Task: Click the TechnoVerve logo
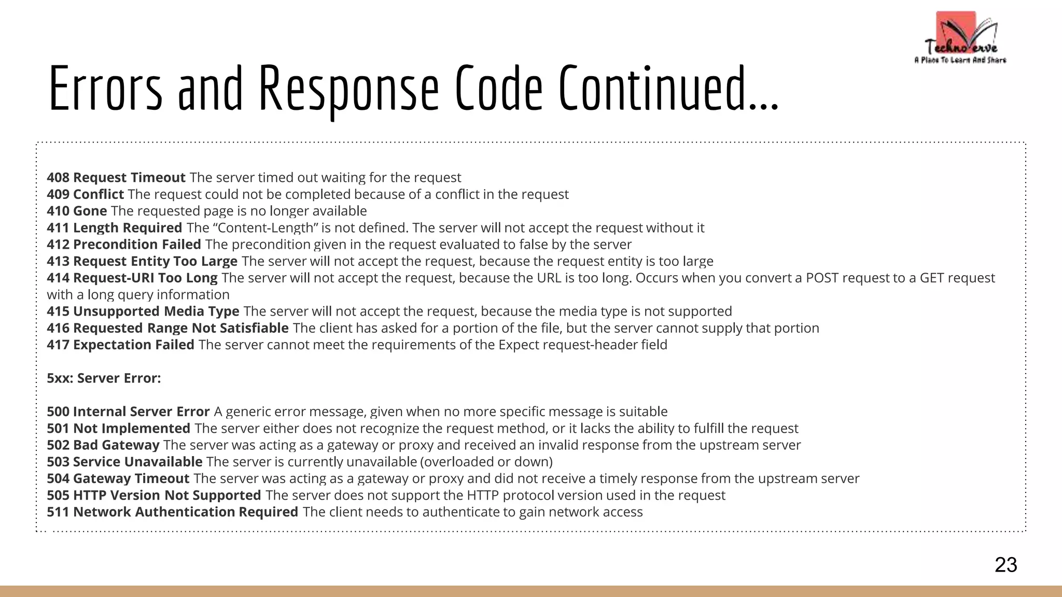[x=960, y=38]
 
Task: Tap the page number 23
[x=1005, y=564]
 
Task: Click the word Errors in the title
[x=105, y=89]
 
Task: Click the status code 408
[x=58, y=178]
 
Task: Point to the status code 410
[x=58, y=211]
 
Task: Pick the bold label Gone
[x=90, y=211]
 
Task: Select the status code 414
[x=58, y=278]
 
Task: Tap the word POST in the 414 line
[x=822, y=278]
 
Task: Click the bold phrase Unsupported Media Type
[x=156, y=311]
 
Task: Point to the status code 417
[x=58, y=345]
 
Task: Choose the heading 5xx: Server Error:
[x=104, y=378]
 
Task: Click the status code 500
[x=58, y=412]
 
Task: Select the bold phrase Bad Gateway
[x=116, y=445]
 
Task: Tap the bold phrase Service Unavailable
[x=138, y=462]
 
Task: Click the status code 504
[x=58, y=479]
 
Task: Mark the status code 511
[x=58, y=512]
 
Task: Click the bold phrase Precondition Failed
[x=137, y=245]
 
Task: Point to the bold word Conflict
[x=99, y=194]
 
